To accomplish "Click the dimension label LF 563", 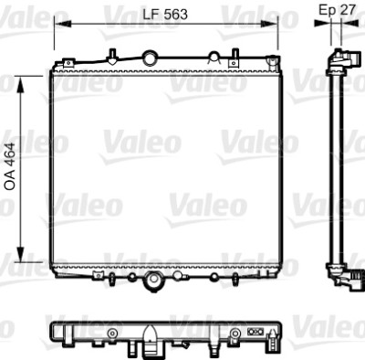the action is click(165, 15).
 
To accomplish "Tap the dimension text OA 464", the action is click(10, 166).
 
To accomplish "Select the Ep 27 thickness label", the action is click(337, 10).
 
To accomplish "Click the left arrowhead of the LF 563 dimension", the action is click(63, 24).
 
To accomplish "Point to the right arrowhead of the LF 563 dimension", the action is click(270, 24).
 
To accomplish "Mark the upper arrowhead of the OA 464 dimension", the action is click(20, 84).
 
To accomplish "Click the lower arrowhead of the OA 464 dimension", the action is click(20, 254).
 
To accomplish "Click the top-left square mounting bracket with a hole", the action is click(68, 63).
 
